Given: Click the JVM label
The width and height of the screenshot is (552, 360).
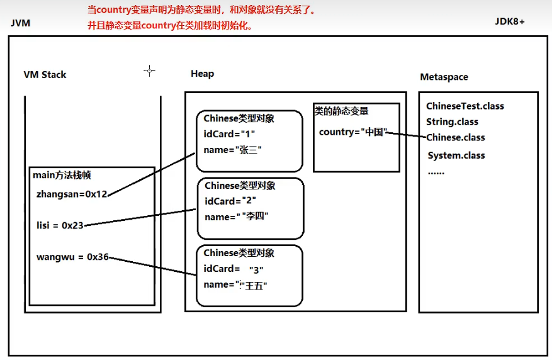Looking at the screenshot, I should [x=21, y=23].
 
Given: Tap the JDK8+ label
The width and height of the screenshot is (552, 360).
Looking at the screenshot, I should [x=510, y=21].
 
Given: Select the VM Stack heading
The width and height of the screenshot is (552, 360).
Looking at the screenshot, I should [x=45, y=74].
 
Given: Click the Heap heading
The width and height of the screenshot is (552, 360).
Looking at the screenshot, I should [x=202, y=74].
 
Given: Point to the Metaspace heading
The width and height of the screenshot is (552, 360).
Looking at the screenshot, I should [x=444, y=77].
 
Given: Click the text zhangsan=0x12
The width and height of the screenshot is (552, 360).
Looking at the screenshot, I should [x=72, y=194].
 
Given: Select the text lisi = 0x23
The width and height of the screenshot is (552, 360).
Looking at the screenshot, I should [x=60, y=225].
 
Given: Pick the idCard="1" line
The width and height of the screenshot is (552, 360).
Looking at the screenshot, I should [x=229, y=134].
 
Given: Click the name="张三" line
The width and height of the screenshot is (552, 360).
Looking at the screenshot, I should [x=232, y=150].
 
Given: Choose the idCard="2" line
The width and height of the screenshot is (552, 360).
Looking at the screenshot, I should [x=230, y=201].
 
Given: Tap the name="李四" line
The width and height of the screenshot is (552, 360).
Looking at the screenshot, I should [x=236, y=217].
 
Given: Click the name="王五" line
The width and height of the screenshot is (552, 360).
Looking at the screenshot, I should [x=235, y=284].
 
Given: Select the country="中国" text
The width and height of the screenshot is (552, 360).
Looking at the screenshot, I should [x=352, y=132].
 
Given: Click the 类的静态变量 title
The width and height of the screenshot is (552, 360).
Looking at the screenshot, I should [x=341, y=111].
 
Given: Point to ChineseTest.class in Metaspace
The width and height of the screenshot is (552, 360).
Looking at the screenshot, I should [x=465, y=106].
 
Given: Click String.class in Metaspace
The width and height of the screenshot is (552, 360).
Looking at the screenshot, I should [x=452, y=121].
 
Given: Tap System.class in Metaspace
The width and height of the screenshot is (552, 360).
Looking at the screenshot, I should [x=456, y=155].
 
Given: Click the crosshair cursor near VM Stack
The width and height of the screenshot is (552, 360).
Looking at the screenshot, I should [x=149, y=71].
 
